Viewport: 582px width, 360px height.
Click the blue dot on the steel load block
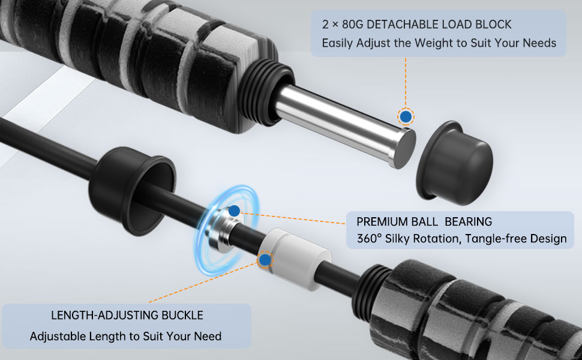(406, 116)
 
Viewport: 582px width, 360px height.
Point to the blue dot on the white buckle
(265, 260)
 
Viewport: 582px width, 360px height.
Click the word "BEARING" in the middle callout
(468, 221)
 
